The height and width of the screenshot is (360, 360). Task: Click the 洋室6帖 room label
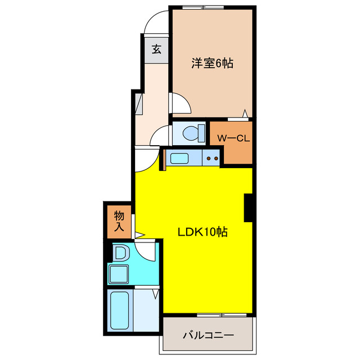point(211,64)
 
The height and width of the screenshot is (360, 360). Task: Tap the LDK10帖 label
point(202,231)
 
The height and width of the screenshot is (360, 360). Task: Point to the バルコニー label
point(208,336)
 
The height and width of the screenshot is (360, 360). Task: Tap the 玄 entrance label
point(156,49)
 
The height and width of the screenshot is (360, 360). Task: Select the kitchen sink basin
point(181,158)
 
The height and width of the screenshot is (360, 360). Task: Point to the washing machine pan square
point(120,274)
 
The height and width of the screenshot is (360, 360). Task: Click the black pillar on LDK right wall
point(247,208)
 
